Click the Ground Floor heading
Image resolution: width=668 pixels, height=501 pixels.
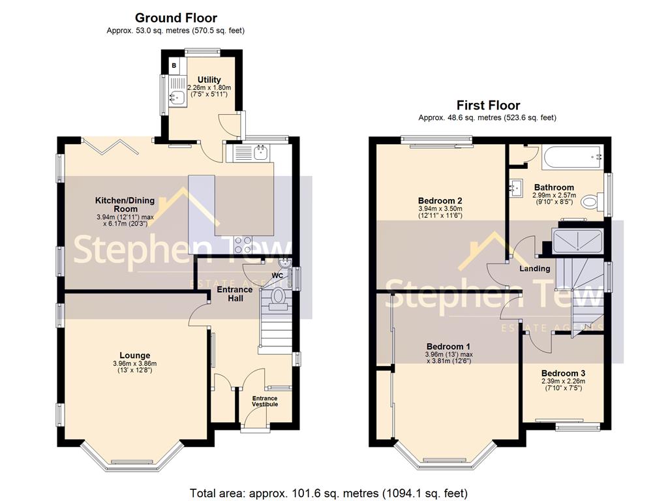175,18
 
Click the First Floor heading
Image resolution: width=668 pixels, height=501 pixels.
488,105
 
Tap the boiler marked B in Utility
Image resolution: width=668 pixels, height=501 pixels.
174,65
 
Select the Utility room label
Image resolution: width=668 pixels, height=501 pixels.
209,80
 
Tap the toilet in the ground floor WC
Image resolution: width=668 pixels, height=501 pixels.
279,297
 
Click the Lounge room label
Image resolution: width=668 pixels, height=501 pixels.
134,356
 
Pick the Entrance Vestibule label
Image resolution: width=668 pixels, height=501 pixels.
265,401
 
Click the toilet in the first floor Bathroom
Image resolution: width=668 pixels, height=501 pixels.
591,202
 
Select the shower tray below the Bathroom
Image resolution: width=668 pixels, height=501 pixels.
577,242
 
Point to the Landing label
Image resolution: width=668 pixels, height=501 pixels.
534,269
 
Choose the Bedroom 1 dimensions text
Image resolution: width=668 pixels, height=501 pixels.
449,357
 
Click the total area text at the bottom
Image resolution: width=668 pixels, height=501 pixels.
329,493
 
